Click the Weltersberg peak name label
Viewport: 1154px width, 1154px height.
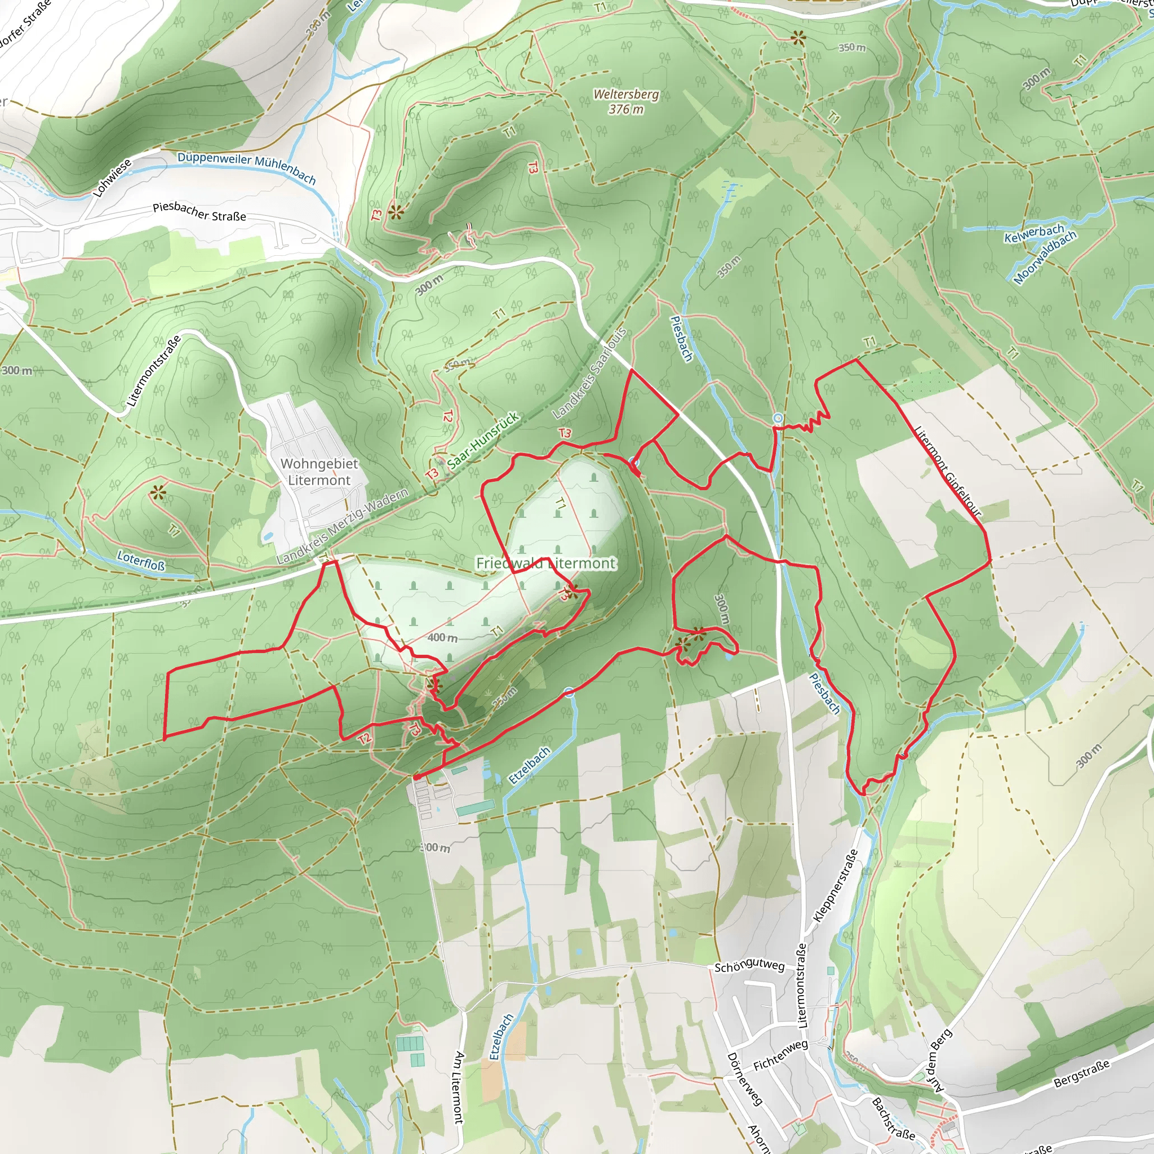(626, 94)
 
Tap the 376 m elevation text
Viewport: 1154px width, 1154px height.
(626, 109)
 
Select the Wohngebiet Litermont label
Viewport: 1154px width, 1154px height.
(319, 472)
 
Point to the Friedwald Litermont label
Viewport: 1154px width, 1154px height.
(545, 563)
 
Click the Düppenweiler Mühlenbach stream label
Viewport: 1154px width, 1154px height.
(246, 167)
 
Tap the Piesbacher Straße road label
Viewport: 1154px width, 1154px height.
(199, 211)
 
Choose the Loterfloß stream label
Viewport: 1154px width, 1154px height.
(140, 560)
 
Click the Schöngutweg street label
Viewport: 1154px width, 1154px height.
(749, 966)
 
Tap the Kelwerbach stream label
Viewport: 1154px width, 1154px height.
(1034, 233)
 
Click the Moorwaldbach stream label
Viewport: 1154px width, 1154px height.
(1045, 256)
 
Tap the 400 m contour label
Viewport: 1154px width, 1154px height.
(442, 637)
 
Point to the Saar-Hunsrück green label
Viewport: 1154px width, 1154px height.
(483, 440)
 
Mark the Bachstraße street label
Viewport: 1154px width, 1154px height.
(893, 1118)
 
